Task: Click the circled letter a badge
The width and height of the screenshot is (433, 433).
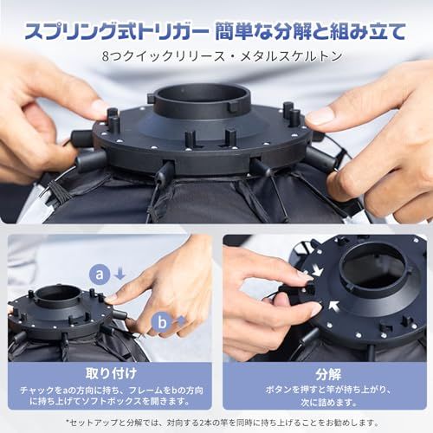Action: point(100,275)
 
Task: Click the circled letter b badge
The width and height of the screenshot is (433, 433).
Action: point(162,322)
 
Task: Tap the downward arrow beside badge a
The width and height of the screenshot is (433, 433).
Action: point(120,274)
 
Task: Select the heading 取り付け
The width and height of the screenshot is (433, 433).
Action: point(111,373)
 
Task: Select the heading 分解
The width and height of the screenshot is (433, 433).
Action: point(328,374)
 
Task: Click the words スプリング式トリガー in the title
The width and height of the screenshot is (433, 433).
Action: point(117,31)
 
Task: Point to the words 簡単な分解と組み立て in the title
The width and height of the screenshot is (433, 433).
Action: point(311,31)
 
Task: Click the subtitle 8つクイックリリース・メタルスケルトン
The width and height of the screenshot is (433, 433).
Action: point(222,56)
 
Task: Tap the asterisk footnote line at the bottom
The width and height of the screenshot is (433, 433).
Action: point(223,423)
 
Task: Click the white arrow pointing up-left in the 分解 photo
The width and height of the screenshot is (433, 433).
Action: point(334,307)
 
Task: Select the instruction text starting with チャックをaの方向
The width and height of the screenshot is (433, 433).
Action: point(111,396)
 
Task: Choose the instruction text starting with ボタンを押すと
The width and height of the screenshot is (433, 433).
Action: point(328,396)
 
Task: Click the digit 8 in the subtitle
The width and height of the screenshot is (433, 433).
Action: point(106,56)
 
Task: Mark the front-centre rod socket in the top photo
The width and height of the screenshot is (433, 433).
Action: point(167,169)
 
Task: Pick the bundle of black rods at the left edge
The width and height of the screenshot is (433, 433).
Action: point(59,191)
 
